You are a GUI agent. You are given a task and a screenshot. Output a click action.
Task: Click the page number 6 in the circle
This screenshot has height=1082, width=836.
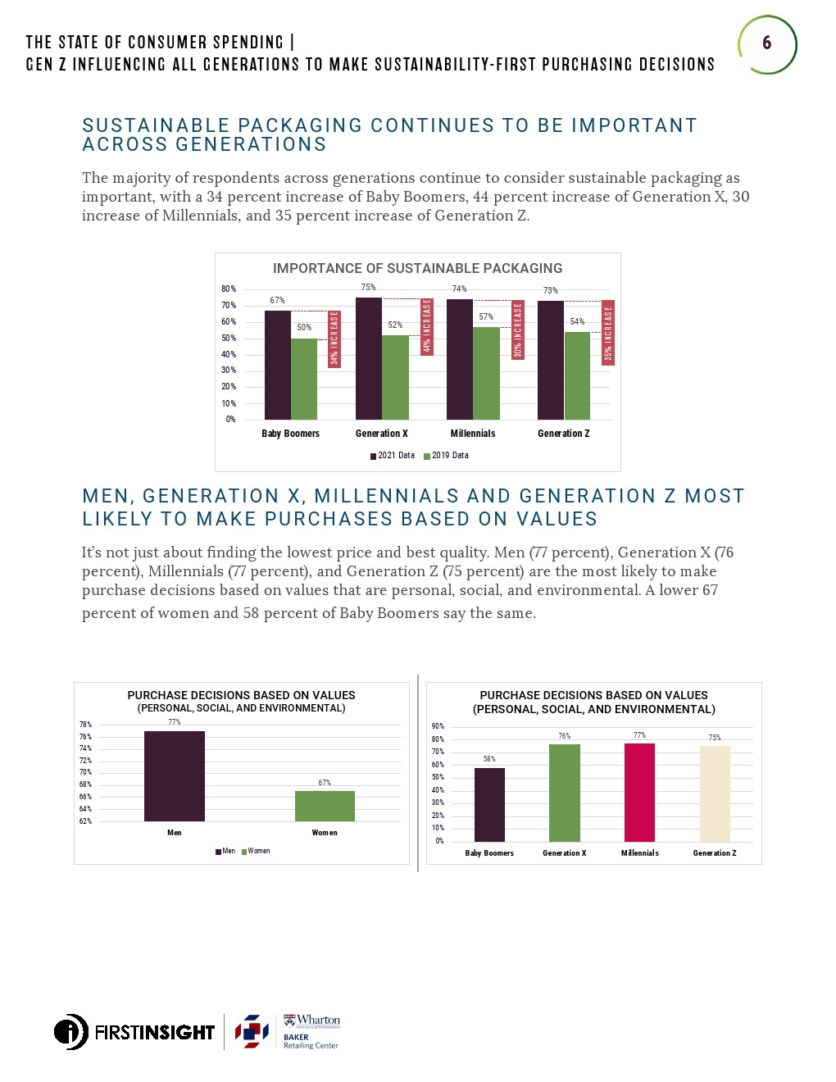tap(766, 43)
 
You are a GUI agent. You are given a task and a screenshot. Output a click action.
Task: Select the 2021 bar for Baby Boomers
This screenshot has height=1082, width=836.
tap(278, 365)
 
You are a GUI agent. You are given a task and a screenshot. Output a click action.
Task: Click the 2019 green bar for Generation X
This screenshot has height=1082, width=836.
tap(395, 377)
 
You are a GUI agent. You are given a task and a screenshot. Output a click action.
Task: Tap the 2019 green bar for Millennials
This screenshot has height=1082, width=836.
tap(486, 373)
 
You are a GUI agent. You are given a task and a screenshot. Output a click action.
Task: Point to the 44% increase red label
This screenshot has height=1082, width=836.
tap(426, 326)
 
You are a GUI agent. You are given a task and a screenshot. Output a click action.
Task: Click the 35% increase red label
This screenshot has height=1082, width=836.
tap(608, 332)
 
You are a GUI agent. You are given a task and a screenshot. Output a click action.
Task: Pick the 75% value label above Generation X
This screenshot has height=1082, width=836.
tap(369, 288)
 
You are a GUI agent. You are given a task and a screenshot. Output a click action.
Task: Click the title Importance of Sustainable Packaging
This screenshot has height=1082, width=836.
tap(417, 269)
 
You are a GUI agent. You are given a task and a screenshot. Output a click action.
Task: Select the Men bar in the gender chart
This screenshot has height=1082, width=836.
tap(175, 775)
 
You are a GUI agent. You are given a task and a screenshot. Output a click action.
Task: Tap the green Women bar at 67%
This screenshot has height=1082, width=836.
tap(325, 806)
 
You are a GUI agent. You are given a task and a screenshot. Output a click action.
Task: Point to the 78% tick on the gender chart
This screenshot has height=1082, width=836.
tap(85, 725)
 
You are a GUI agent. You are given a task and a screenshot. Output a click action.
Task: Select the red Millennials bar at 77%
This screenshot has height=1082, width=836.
tap(639, 792)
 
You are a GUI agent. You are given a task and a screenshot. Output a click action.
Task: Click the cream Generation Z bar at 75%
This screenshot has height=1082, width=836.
tap(715, 793)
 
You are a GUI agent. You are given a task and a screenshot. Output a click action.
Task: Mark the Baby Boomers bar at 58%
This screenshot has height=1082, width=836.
tap(489, 804)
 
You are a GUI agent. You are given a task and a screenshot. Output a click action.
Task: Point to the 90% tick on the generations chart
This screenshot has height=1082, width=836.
tap(438, 726)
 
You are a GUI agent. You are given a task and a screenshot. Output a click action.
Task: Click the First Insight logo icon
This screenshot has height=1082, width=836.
tap(71, 1031)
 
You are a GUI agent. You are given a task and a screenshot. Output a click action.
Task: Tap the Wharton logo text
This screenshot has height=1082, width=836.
tap(316, 1021)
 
